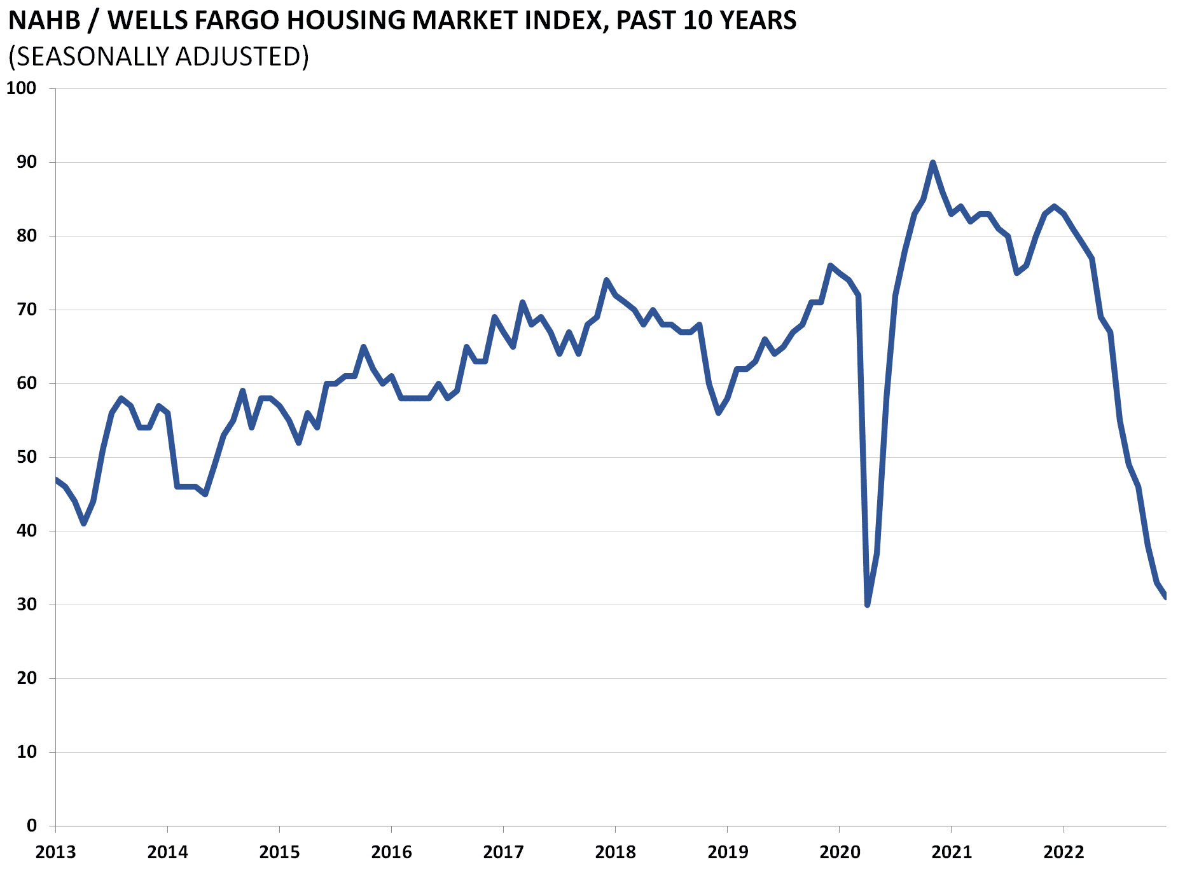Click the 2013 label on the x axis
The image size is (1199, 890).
pyautogui.click(x=55, y=852)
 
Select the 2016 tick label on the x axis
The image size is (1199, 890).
pyautogui.click(x=391, y=852)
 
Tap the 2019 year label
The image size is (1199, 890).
pyautogui.click(x=728, y=852)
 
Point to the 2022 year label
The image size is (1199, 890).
pyautogui.click(x=1064, y=852)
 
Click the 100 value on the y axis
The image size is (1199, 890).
pyautogui.click(x=22, y=88)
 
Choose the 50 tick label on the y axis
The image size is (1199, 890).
pyautogui.click(x=27, y=457)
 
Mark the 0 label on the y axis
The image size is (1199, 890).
pyautogui.click(x=32, y=826)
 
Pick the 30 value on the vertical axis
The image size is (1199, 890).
pyautogui.click(x=27, y=605)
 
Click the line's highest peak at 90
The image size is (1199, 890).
pyautogui.click(x=932, y=163)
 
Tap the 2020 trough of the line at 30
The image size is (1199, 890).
pyautogui.click(x=868, y=605)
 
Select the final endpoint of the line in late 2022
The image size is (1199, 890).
pyautogui.click(x=1165, y=597)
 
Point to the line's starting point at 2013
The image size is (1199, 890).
pyautogui.click(x=56, y=479)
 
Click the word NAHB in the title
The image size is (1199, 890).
pyautogui.click(x=45, y=21)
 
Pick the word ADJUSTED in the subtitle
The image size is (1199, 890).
pyautogui.click(x=238, y=57)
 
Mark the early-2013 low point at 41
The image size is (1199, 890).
pyautogui.click(x=84, y=523)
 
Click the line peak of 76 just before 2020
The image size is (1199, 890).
pyautogui.click(x=830, y=265)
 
